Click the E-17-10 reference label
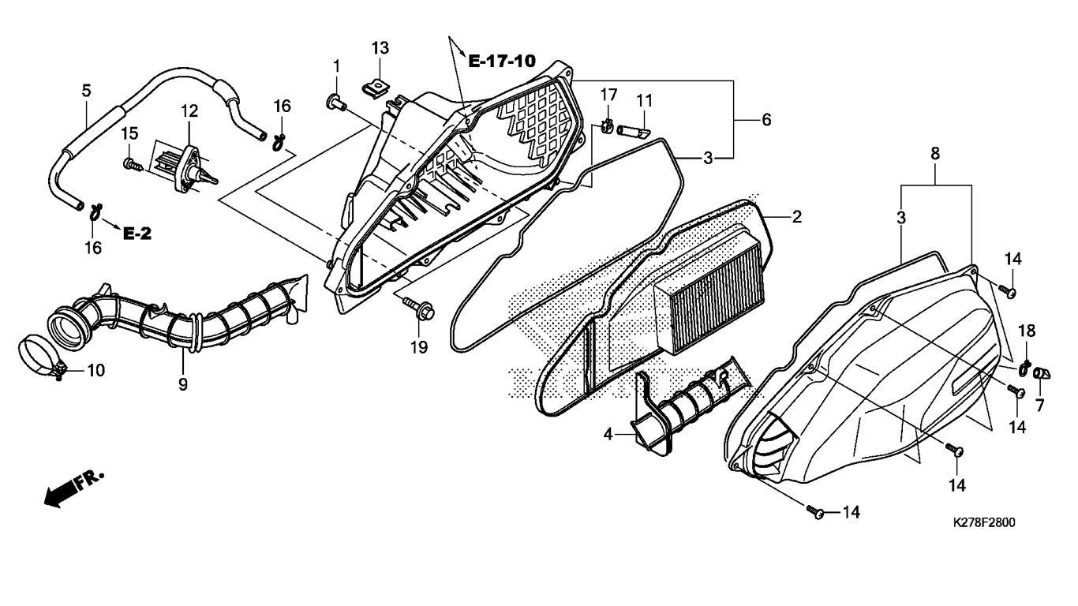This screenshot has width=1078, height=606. tap(502, 61)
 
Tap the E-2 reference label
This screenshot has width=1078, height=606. tap(137, 234)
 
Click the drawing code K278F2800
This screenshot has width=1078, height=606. tap(984, 522)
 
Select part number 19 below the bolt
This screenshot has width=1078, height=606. tap(419, 347)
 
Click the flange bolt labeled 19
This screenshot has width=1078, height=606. tap(419, 308)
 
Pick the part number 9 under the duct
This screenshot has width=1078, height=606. tap(183, 384)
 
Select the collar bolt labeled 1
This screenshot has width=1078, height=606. tap(336, 103)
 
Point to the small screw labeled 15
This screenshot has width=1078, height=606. tap(133, 165)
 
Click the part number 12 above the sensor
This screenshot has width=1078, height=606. tap(189, 111)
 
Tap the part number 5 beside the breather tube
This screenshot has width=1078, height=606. tap(86, 91)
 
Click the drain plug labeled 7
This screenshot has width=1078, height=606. tap(1042, 373)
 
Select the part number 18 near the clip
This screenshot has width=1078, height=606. tap(1027, 331)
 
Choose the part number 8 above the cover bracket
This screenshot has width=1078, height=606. tap(934, 154)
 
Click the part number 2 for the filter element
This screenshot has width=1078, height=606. tap(797, 217)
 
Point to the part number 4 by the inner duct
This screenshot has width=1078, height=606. tap(608, 435)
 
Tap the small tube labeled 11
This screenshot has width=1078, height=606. tap(634, 130)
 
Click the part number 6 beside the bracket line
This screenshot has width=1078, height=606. tap(766, 119)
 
